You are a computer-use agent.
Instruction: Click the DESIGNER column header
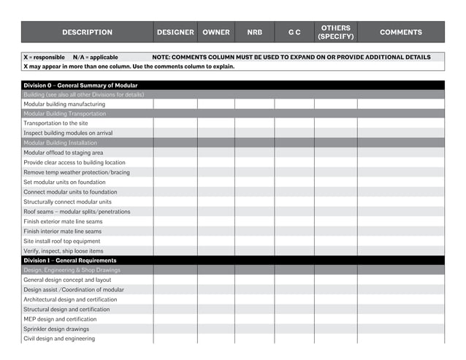[x=175, y=32]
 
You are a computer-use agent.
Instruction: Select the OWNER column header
[x=215, y=32]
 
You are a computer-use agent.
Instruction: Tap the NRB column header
[x=254, y=32]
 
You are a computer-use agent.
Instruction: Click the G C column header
[x=294, y=32]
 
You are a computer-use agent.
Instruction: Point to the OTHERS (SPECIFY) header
[x=335, y=32]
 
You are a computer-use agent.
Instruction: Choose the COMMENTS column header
[x=400, y=32]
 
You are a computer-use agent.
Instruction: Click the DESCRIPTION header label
[x=87, y=32]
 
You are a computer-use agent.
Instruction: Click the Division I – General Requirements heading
[x=69, y=261]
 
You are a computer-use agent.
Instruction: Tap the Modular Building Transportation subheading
[x=64, y=114]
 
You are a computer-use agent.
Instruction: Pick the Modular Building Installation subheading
[x=61, y=143]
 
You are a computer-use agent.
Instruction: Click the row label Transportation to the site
[x=56, y=123]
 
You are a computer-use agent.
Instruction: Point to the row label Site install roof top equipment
[x=62, y=241]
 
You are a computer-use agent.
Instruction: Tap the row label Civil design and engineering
[x=59, y=339]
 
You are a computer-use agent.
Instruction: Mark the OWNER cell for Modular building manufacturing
[x=215, y=104]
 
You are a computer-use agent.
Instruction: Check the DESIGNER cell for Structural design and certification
[x=175, y=310]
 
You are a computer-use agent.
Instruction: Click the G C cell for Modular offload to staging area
[x=294, y=153]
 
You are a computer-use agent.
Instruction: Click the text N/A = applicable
[x=95, y=57]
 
